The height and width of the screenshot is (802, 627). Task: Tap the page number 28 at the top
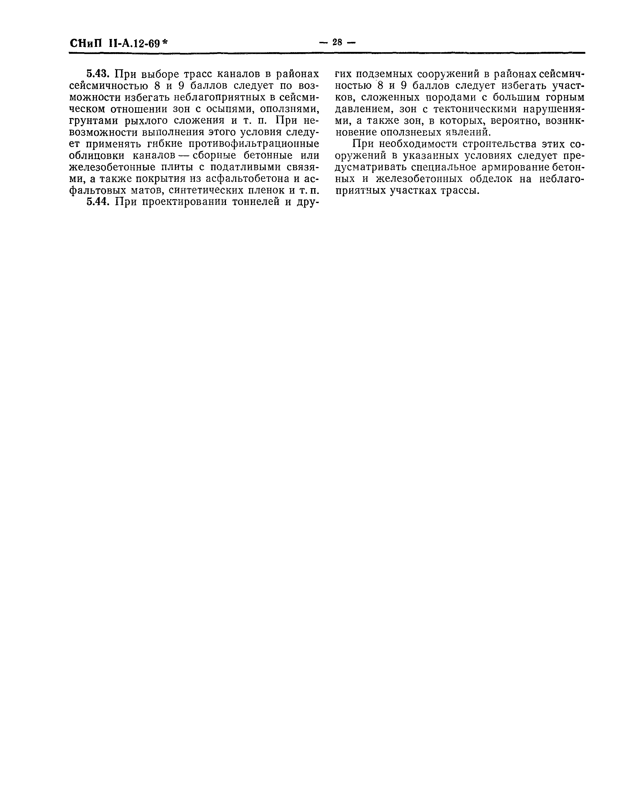point(337,43)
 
